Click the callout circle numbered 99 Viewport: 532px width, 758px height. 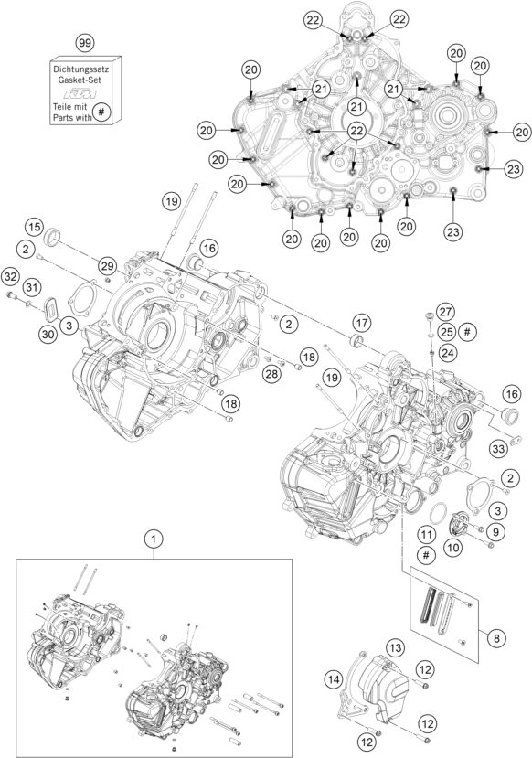pos(85,43)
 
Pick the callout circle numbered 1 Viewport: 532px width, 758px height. pos(153,540)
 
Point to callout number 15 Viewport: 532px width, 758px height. pos(34,227)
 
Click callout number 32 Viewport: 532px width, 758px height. pos(10,276)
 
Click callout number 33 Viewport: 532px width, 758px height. pos(497,448)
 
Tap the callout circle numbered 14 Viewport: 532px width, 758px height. pos(334,678)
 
